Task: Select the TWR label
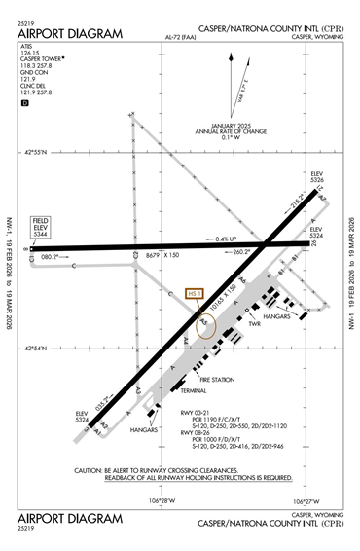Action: coord(256,351)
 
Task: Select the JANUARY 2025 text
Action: coord(231,126)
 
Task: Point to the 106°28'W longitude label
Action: coord(162,501)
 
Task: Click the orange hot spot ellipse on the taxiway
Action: coord(205,324)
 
